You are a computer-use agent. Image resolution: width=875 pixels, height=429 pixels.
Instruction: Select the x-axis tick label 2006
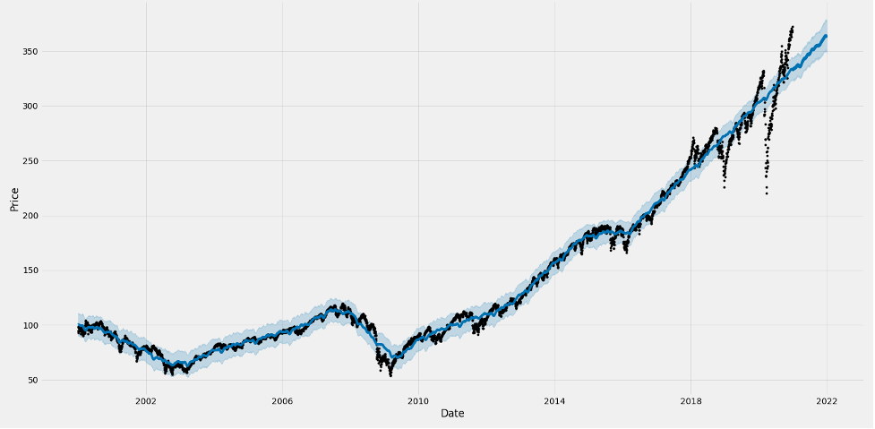point(282,401)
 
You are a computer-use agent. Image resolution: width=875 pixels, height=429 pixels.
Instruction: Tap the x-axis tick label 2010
point(418,401)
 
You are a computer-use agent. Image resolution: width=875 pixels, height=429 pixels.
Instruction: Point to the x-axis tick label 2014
point(554,401)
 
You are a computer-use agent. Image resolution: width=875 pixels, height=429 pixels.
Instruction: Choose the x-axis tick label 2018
point(691,401)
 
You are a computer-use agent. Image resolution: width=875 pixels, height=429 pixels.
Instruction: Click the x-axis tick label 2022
point(827,401)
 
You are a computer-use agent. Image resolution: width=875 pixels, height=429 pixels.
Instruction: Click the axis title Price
point(14,198)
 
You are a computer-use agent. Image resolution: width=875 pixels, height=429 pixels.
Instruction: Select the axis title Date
point(452,413)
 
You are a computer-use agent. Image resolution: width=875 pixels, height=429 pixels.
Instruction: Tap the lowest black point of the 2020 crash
point(766,193)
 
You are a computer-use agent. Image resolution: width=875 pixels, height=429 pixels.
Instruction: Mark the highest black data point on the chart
point(792,27)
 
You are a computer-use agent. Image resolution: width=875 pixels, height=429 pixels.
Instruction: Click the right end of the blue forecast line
point(826,36)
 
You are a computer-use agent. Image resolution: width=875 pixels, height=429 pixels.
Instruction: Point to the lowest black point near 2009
point(390,374)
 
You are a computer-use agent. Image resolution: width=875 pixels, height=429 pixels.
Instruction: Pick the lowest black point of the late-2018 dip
point(725,187)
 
